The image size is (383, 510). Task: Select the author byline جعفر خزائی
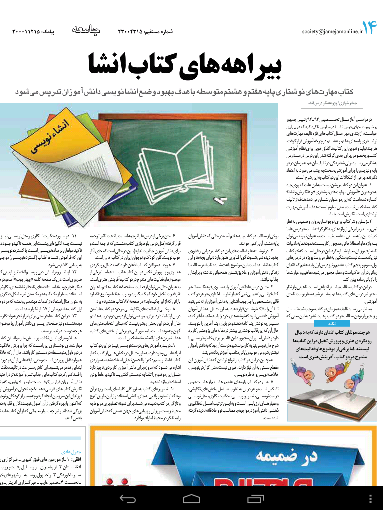point(345,103)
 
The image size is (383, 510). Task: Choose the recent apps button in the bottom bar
point(255,499)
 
